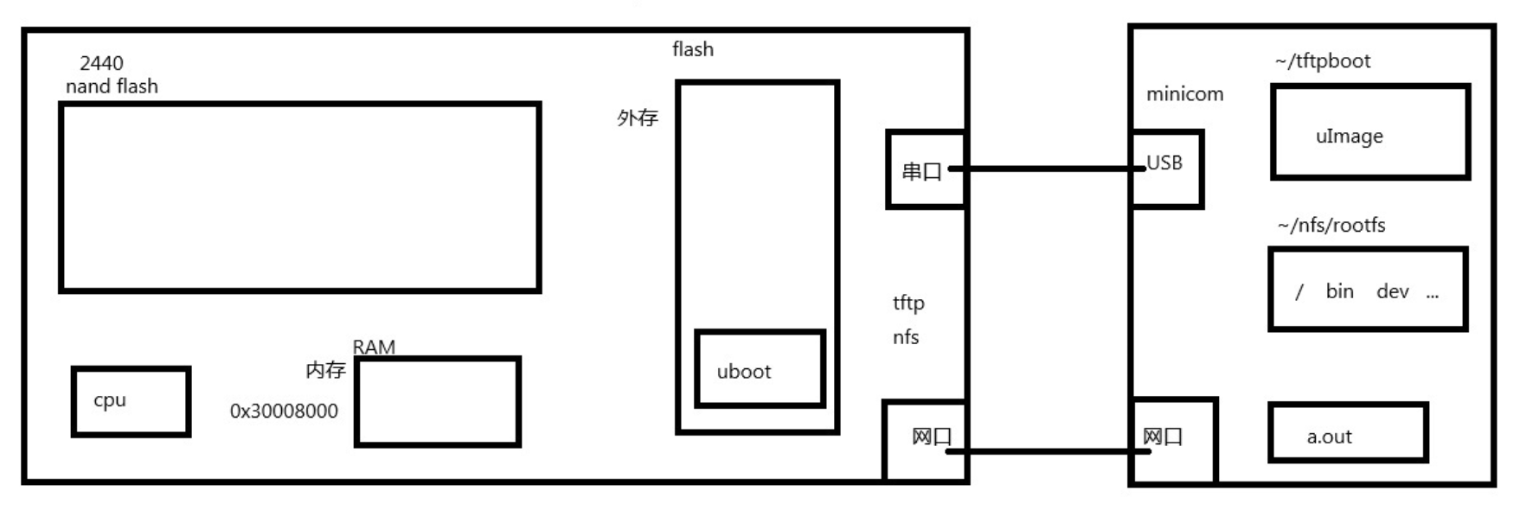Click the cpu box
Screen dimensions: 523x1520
131,401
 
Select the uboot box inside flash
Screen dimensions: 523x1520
760,369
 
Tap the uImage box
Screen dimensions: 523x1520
1369,132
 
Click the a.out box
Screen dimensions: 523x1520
1347,432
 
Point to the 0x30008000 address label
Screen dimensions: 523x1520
284,411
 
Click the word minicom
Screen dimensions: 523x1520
1184,94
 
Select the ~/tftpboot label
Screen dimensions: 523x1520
1322,61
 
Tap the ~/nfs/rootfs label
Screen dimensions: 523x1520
1331,226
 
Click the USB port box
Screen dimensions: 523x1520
1166,169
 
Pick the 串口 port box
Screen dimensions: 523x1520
924,169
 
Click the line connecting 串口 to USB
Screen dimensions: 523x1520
1047,169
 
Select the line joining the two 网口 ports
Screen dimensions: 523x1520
1047,450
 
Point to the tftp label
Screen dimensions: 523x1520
908,303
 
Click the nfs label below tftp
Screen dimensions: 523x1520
906,337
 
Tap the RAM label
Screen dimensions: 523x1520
374,347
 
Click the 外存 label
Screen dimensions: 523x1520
638,118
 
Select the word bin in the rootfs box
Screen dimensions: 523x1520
1339,291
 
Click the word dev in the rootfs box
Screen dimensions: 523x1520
1392,291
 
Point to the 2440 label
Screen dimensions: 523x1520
101,63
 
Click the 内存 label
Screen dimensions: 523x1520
325,370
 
